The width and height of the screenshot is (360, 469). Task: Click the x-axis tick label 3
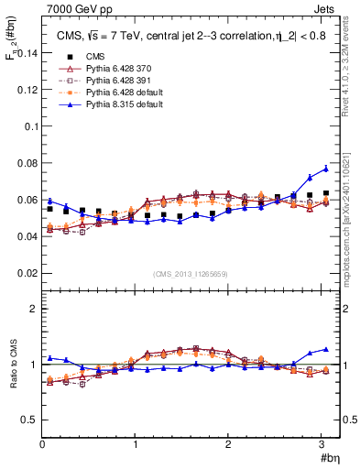[x=322, y=444]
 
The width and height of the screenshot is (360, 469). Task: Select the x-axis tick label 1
[x=136, y=444]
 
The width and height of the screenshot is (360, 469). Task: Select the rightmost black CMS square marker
[x=325, y=193]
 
